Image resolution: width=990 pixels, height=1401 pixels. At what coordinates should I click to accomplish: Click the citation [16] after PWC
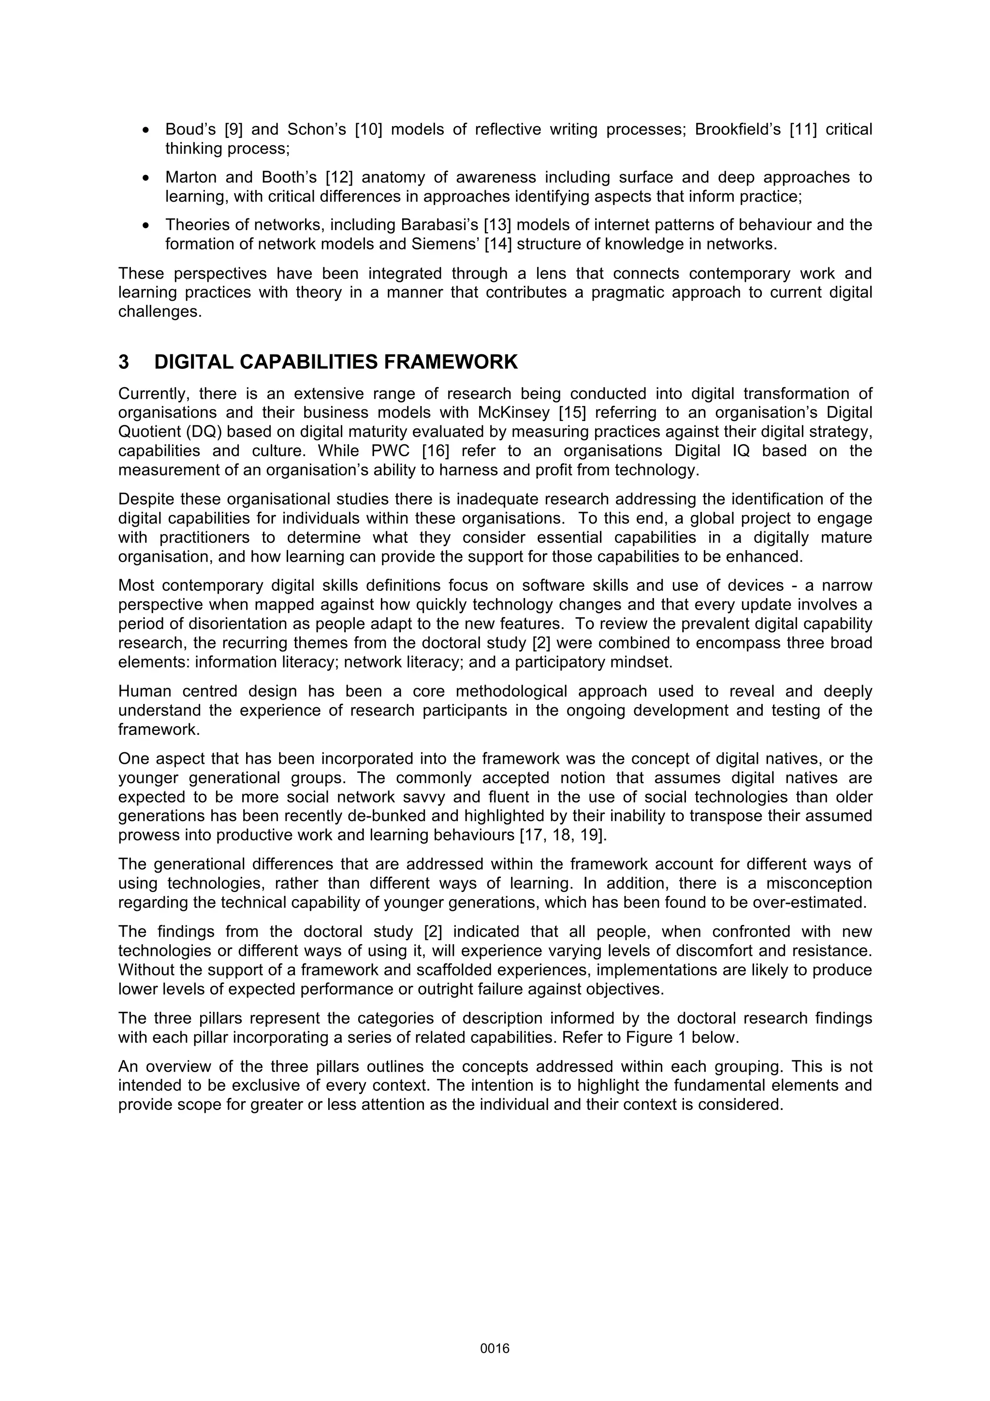[436, 451]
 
